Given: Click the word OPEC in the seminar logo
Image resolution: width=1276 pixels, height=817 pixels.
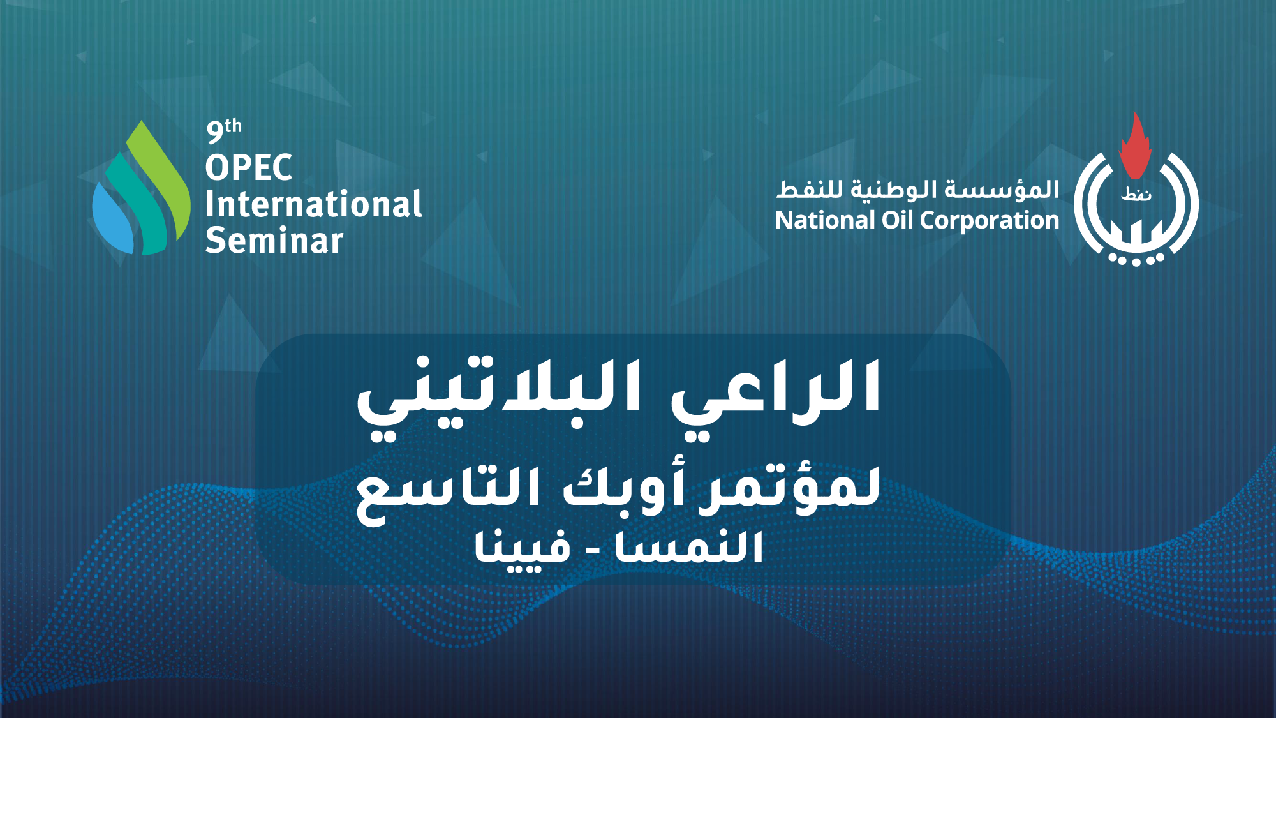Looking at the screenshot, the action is pyautogui.click(x=249, y=168).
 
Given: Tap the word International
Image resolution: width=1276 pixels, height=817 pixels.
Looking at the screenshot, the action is pyautogui.click(x=314, y=204).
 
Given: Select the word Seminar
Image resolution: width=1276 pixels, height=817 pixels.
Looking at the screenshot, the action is pyautogui.click(x=274, y=241).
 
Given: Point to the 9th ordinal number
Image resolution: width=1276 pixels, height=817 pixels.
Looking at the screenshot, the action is pyautogui.click(x=224, y=131).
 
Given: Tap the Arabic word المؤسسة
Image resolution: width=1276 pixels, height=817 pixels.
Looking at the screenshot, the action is pyautogui.click(x=1002, y=190).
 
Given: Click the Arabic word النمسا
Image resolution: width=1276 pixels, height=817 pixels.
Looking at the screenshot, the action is pyautogui.click(x=689, y=547).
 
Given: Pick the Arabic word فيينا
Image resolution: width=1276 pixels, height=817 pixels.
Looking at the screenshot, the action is pyautogui.click(x=523, y=549).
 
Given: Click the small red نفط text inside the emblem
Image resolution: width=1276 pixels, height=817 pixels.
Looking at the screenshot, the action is pyautogui.click(x=1136, y=194).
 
